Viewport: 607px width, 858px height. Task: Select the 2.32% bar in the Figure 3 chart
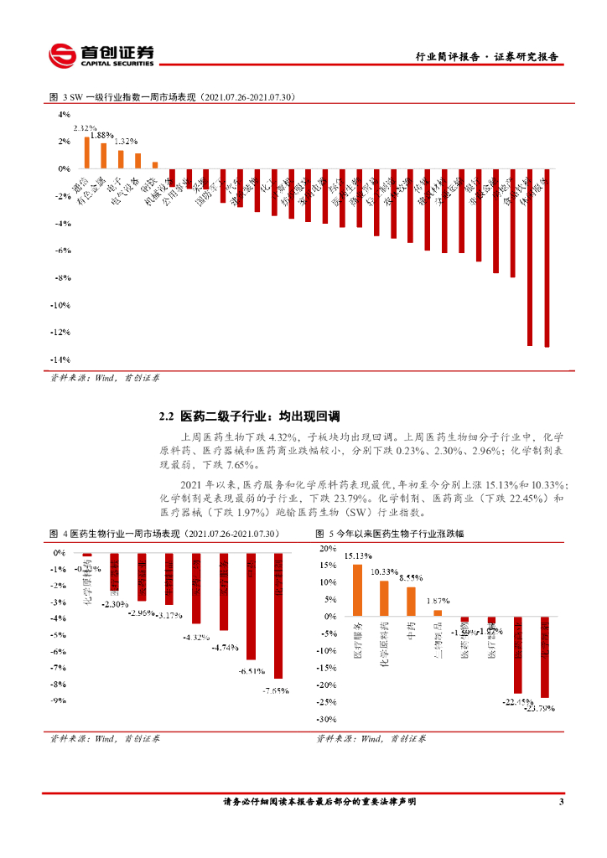click(x=86, y=152)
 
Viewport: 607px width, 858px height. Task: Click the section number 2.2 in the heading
click(x=166, y=416)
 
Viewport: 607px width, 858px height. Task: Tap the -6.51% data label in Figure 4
click(x=251, y=671)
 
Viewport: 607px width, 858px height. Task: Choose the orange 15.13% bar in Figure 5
click(x=357, y=590)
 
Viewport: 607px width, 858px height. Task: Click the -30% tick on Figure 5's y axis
click(x=325, y=719)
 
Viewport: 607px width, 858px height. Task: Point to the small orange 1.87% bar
click(x=438, y=612)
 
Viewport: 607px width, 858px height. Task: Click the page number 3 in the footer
click(x=561, y=802)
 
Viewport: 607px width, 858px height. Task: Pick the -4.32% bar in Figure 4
click(x=196, y=600)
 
